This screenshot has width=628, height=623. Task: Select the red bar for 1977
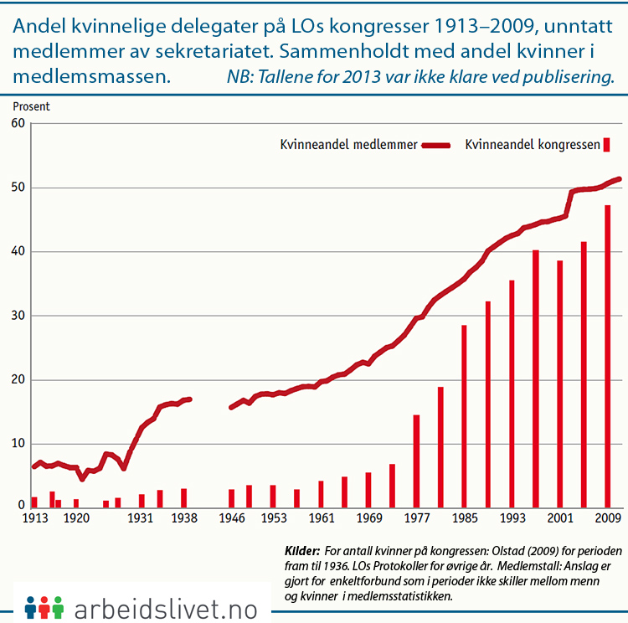click(416, 461)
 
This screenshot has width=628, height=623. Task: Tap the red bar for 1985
click(464, 415)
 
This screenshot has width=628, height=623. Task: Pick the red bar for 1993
click(512, 394)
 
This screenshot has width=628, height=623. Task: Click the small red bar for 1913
click(34, 502)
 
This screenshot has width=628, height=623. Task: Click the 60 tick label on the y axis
click(17, 124)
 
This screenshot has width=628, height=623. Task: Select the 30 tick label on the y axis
click(17, 316)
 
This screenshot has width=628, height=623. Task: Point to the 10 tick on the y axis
click(17, 444)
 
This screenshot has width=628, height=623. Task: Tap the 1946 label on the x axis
click(231, 519)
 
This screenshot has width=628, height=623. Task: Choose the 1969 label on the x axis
click(368, 519)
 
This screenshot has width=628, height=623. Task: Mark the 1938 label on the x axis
click(183, 519)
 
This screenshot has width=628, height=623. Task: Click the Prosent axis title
click(31, 106)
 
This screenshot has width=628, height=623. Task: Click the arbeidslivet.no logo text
click(167, 605)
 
